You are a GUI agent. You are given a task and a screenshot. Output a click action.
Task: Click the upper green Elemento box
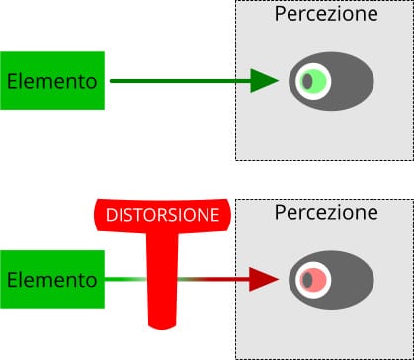52,80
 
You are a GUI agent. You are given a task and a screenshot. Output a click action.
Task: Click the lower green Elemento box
52,279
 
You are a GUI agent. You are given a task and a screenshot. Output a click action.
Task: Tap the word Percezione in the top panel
324,15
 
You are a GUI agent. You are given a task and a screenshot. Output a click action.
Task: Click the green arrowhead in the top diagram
263,81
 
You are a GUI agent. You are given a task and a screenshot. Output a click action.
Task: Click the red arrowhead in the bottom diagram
263,280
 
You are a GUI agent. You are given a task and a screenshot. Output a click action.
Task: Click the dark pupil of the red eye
306,280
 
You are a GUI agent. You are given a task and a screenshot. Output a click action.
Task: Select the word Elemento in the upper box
52,80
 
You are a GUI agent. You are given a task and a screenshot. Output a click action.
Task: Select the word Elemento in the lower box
52,279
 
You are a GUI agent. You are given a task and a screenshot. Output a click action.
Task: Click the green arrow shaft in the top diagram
178,81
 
